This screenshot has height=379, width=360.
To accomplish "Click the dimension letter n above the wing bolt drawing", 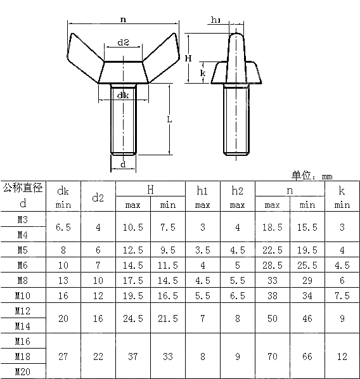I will click(x=122, y=20).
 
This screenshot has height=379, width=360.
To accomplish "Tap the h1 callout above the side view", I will click(x=215, y=20).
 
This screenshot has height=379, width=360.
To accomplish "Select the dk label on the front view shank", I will click(x=123, y=95).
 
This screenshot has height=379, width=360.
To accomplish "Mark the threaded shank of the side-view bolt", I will click(x=236, y=120).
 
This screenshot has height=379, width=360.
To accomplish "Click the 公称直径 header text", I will click(x=23, y=188).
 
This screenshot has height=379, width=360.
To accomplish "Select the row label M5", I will click(x=23, y=250).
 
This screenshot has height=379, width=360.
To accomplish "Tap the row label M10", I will click(x=23, y=295).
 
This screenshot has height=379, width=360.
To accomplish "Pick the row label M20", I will click(x=23, y=372).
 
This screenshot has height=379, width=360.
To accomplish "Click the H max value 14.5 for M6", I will click(x=133, y=265).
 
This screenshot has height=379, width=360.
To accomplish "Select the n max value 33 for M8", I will click(x=273, y=280).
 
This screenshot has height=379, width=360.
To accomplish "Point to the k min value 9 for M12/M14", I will click(x=342, y=319).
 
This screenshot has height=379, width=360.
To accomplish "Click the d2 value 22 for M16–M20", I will click(x=98, y=357).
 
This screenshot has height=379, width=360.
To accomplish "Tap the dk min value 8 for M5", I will click(x=63, y=250).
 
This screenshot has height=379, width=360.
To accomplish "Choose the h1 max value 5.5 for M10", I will click(x=203, y=295).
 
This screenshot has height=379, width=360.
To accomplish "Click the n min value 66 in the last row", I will click(x=307, y=357).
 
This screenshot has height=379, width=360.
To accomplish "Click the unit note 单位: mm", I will click(x=312, y=176).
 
